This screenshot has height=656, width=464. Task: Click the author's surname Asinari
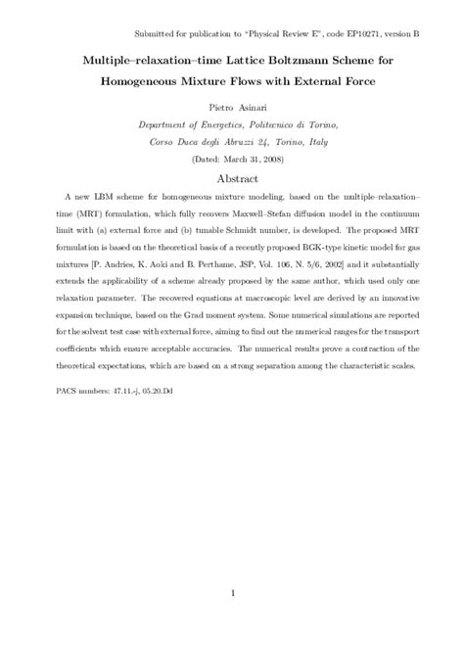pos(252,110)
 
